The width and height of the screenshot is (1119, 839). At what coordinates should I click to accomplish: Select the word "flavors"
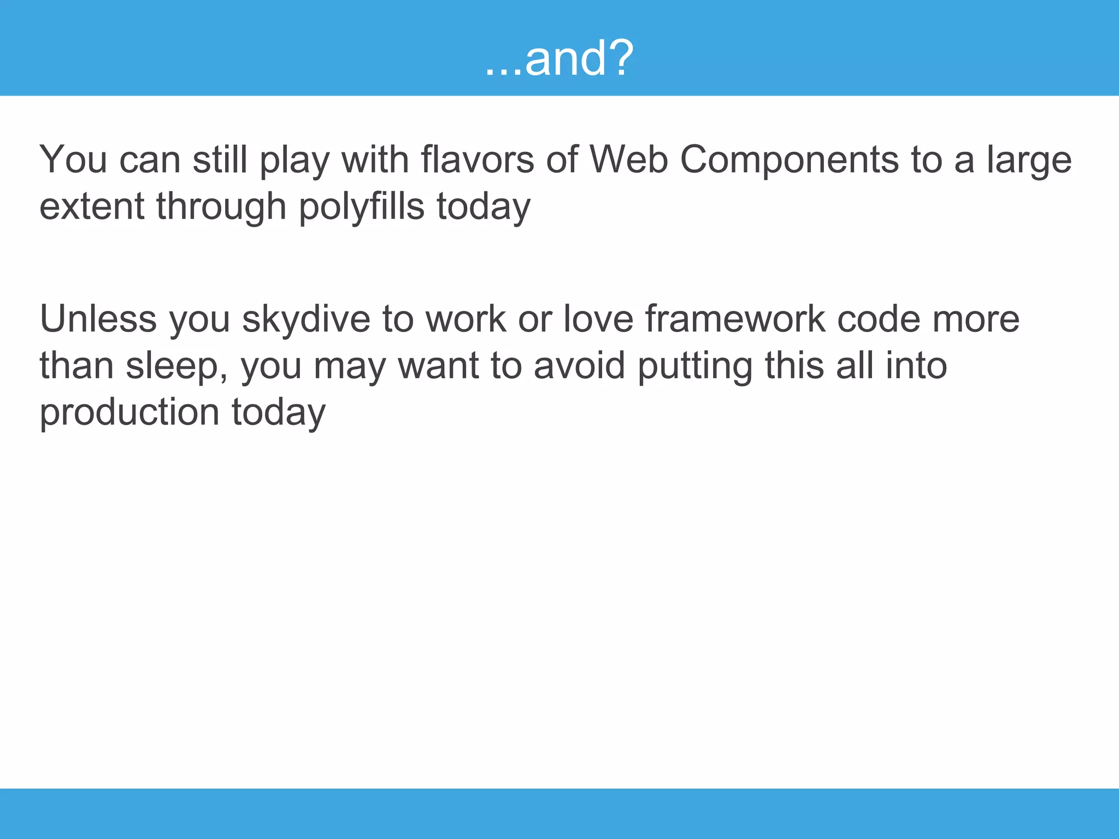click(x=476, y=160)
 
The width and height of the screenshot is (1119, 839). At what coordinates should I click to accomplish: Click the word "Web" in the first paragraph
click(x=628, y=160)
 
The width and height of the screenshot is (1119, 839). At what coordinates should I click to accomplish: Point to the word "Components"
click(x=789, y=160)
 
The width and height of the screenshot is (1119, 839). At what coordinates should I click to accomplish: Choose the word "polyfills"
click(x=361, y=207)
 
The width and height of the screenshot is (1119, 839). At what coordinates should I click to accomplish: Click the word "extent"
click(x=92, y=207)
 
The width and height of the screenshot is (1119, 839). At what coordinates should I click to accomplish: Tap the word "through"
click(x=221, y=207)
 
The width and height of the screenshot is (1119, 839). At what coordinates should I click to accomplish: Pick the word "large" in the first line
click(x=1028, y=161)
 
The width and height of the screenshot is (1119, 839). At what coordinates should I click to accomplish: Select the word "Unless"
click(x=98, y=319)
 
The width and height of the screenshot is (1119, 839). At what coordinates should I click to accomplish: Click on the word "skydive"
click(x=305, y=319)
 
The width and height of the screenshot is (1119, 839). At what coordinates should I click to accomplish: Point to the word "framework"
click(x=735, y=319)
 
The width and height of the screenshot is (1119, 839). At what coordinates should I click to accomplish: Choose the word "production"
click(x=129, y=412)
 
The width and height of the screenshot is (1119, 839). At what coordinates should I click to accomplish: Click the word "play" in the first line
click(x=294, y=161)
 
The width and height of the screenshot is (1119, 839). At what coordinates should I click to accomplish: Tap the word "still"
click(x=220, y=160)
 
